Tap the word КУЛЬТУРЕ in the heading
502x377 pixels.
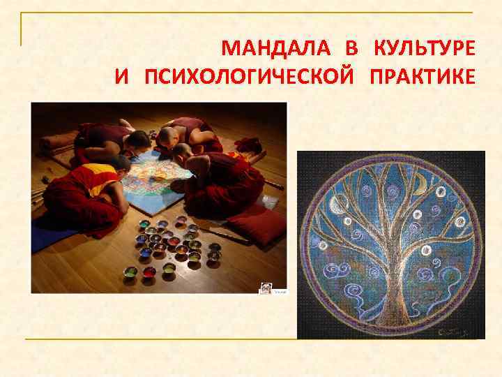point(425,49)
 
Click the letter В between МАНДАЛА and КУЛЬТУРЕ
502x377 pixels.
point(351,49)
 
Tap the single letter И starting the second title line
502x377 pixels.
point(122,75)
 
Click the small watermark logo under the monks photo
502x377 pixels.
point(266,288)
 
